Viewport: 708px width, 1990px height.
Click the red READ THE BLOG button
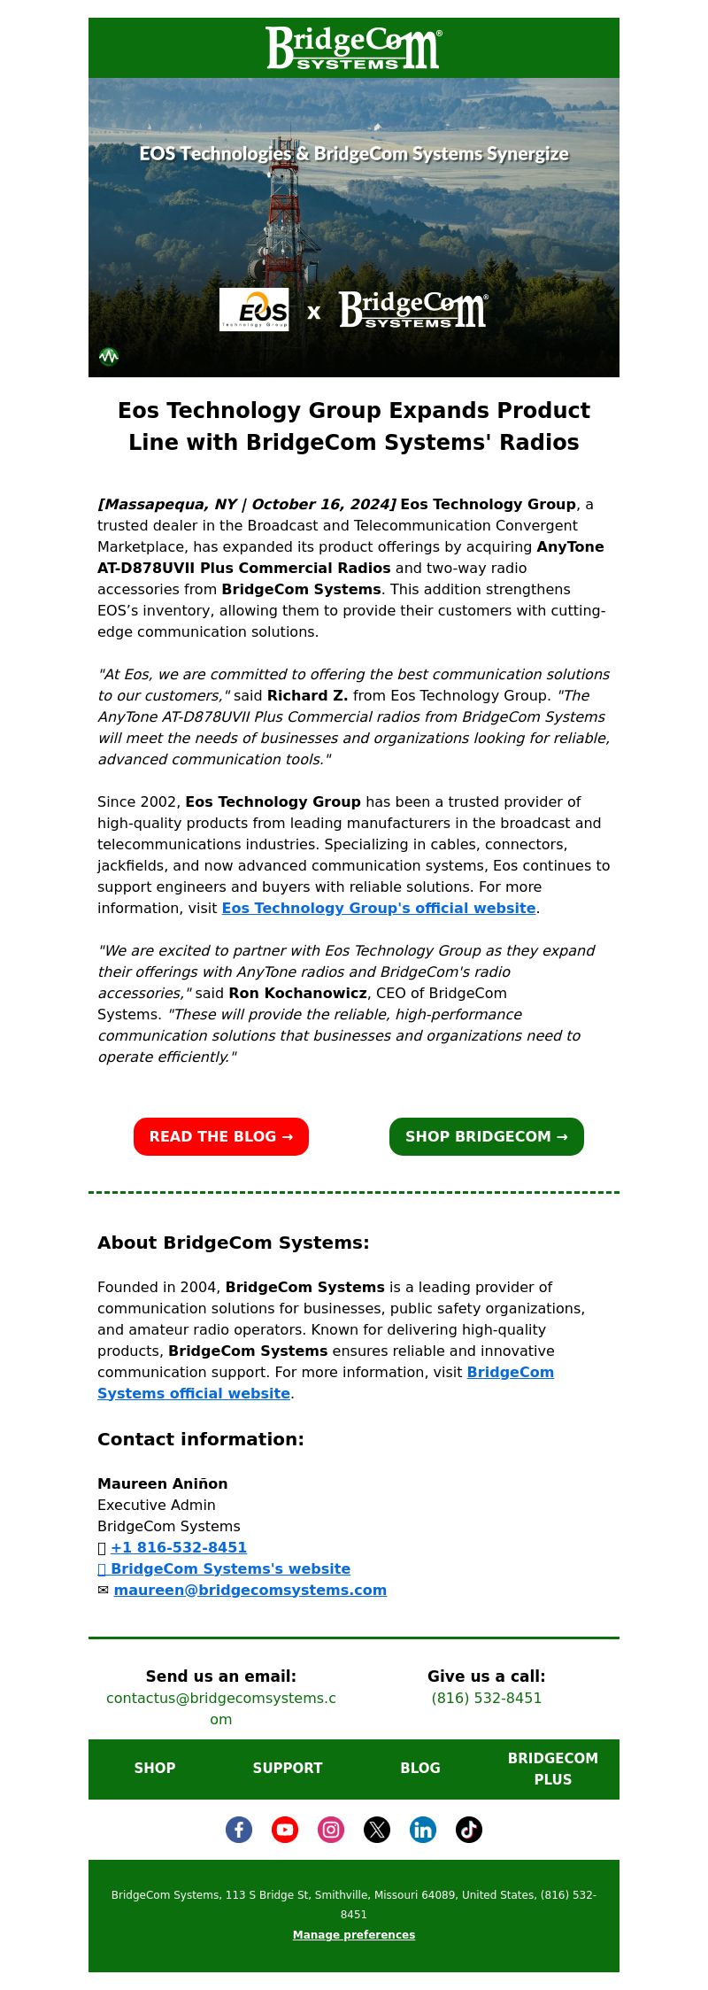(221, 1136)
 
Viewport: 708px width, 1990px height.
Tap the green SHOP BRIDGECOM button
(487, 1136)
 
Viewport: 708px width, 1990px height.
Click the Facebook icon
(239, 1829)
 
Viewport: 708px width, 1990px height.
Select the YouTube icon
(285, 1829)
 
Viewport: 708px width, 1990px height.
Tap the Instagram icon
(331, 1829)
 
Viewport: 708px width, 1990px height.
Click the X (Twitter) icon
(377, 1829)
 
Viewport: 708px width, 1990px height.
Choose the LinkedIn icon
(423, 1829)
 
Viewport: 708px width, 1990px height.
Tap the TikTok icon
(469, 1829)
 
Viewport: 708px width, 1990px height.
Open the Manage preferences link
(354, 1934)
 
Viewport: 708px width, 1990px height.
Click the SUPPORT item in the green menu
(288, 1768)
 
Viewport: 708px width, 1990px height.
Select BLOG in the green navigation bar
(420, 1768)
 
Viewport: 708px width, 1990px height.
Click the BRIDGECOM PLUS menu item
(553, 1769)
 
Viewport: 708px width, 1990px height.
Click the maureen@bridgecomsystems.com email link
(250, 1590)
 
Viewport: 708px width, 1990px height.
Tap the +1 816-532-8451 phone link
(179, 1547)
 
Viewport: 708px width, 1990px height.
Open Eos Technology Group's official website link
(379, 908)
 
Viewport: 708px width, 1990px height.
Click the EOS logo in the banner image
(254, 309)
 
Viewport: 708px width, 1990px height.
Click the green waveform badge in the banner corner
(109, 357)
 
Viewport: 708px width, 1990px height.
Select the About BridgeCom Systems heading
(234, 1243)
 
